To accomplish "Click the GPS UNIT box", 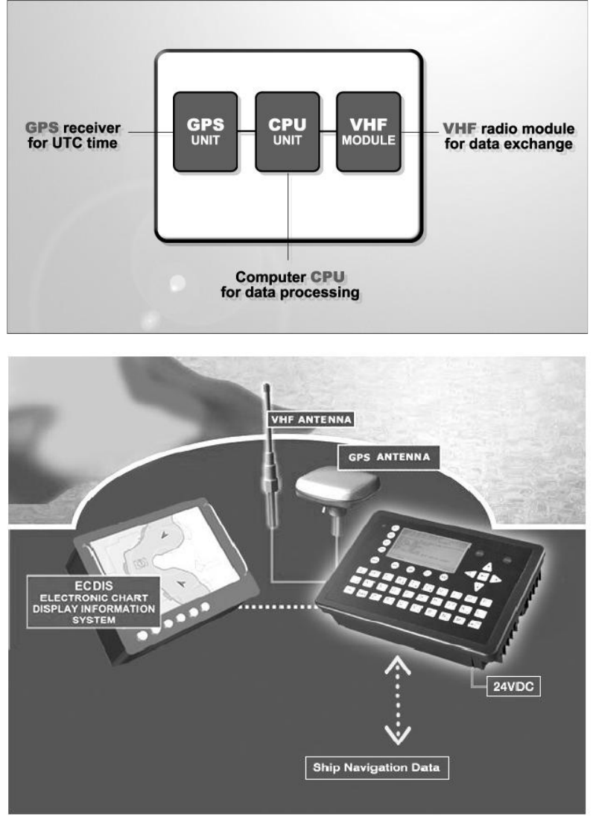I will click(x=205, y=130).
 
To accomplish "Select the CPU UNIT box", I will click(x=287, y=130).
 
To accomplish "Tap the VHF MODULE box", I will click(x=368, y=130).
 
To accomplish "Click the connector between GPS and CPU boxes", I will click(x=246, y=130).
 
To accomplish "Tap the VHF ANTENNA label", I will click(x=311, y=419).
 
